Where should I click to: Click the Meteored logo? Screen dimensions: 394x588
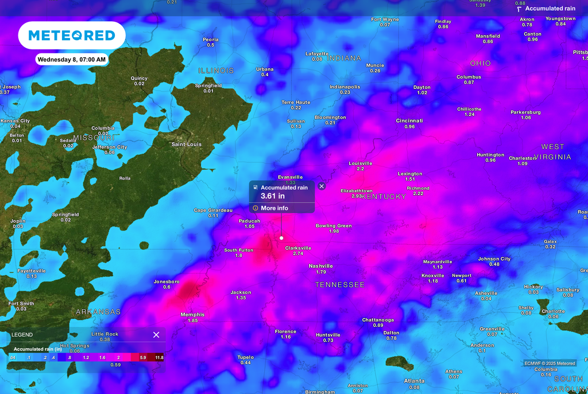pyautogui.click(x=72, y=36)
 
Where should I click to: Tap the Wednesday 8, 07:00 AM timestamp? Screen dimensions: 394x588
pyautogui.click(x=72, y=59)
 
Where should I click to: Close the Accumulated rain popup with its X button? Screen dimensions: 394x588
pyautogui.click(x=322, y=186)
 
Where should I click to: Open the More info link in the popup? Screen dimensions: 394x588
pyautogui.click(x=274, y=208)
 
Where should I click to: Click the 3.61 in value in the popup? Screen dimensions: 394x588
pyautogui.click(x=273, y=196)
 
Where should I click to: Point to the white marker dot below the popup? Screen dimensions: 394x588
pyautogui.click(x=281, y=237)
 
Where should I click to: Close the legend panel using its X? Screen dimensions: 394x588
pyautogui.click(x=156, y=335)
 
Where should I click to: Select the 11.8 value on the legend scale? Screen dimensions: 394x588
pyautogui.click(x=159, y=358)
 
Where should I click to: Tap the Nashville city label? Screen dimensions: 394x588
pyautogui.click(x=320, y=266)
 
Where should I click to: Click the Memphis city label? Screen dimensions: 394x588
pyautogui.click(x=192, y=314)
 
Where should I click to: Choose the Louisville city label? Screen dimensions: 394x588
pyautogui.click(x=360, y=163)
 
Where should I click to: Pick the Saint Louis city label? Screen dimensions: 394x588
pyautogui.click(x=187, y=145)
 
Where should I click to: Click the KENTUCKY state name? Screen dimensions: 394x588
pyautogui.click(x=383, y=197)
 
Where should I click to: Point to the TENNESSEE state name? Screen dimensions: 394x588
pyautogui.click(x=339, y=285)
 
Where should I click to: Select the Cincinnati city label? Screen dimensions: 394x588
pyautogui.click(x=409, y=121)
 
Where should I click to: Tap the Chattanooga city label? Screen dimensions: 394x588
pyautogui.click(x=377, y=319)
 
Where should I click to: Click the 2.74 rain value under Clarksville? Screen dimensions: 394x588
pyautogui.click(x=298, y=253)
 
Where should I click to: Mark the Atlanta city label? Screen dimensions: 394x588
pyautogui.click(x=414, y=381)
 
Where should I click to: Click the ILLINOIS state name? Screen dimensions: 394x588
pyautogui.click(x=216, y=71)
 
